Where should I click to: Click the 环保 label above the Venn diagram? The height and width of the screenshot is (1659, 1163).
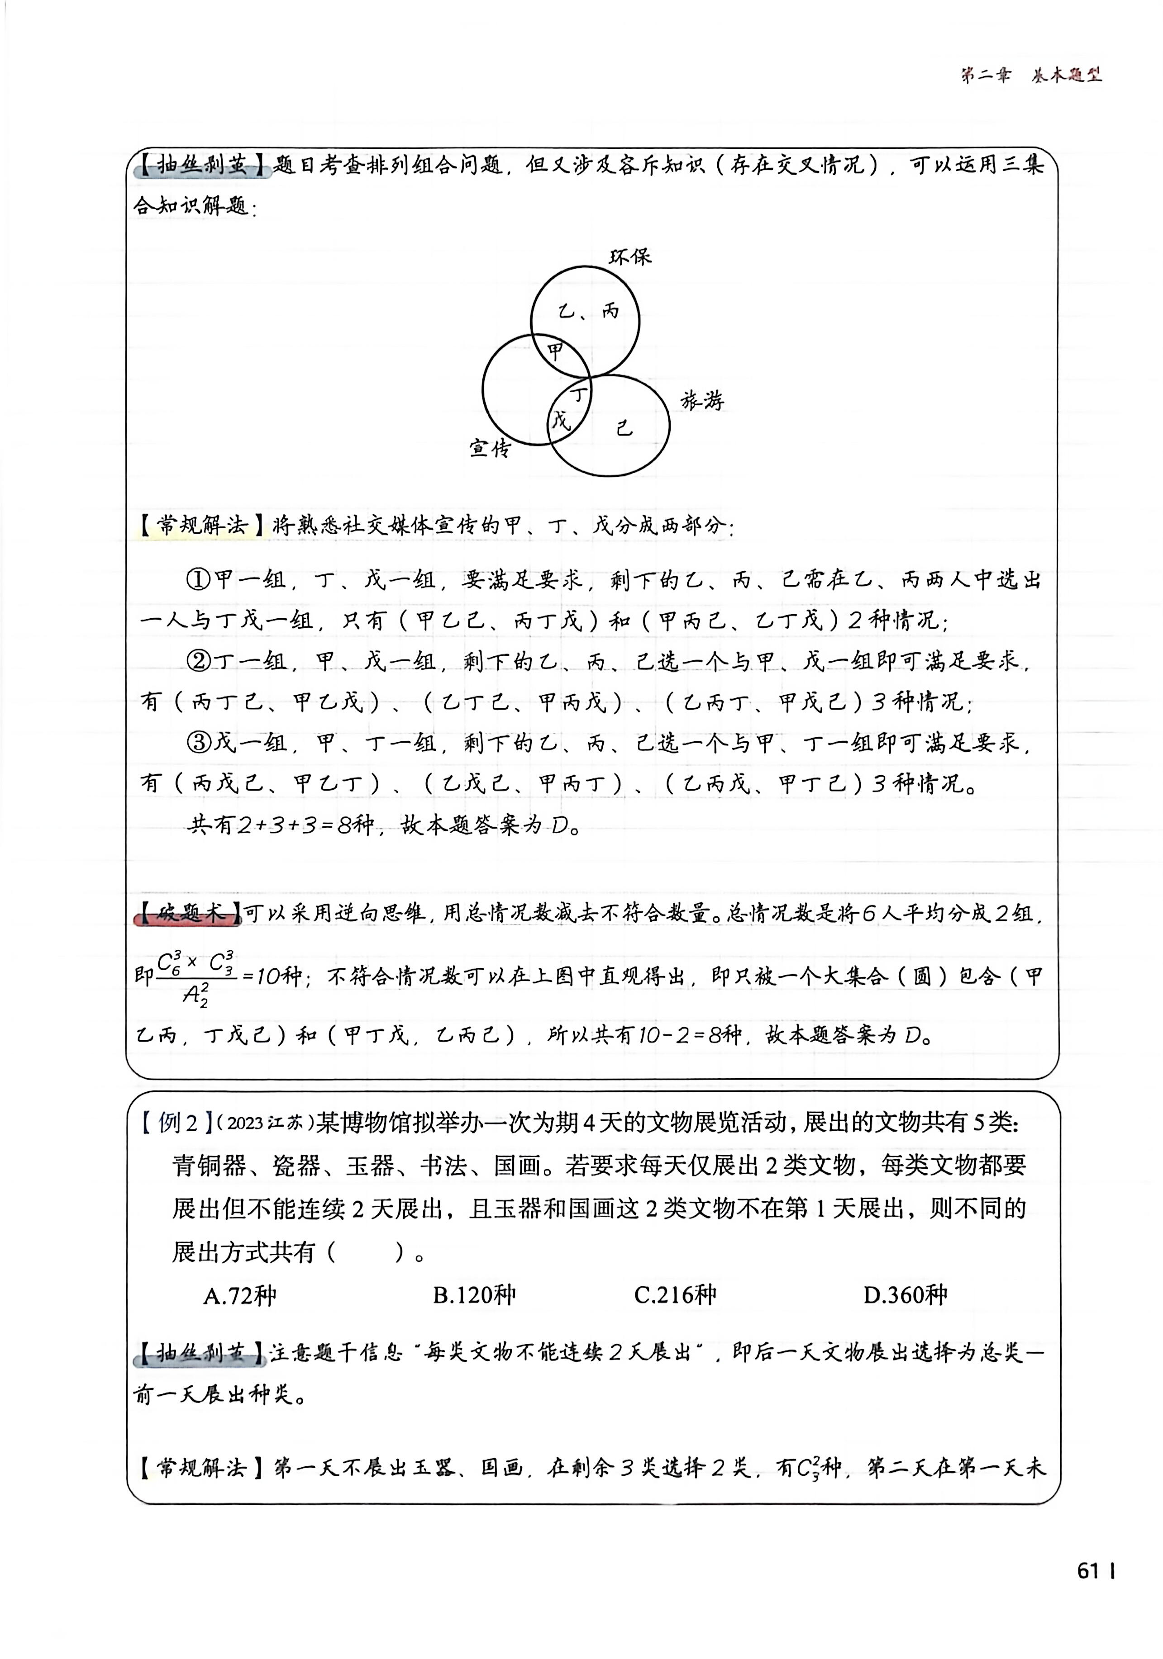(x=629, y=256)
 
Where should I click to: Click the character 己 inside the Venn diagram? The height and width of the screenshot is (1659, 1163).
(x=624, y=428)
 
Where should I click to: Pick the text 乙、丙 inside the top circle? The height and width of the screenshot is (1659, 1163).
(x=589, y=312)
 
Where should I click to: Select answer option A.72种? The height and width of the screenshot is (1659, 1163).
(x=239, y=1295)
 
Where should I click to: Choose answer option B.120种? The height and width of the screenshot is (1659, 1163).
(x=474, y=1295)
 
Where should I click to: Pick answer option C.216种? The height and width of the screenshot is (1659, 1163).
(x=675, y=1295)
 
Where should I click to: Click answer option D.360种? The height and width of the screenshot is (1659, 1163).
(x=905, y=1295)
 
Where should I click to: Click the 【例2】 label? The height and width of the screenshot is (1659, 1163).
(x=176, y=1123)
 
